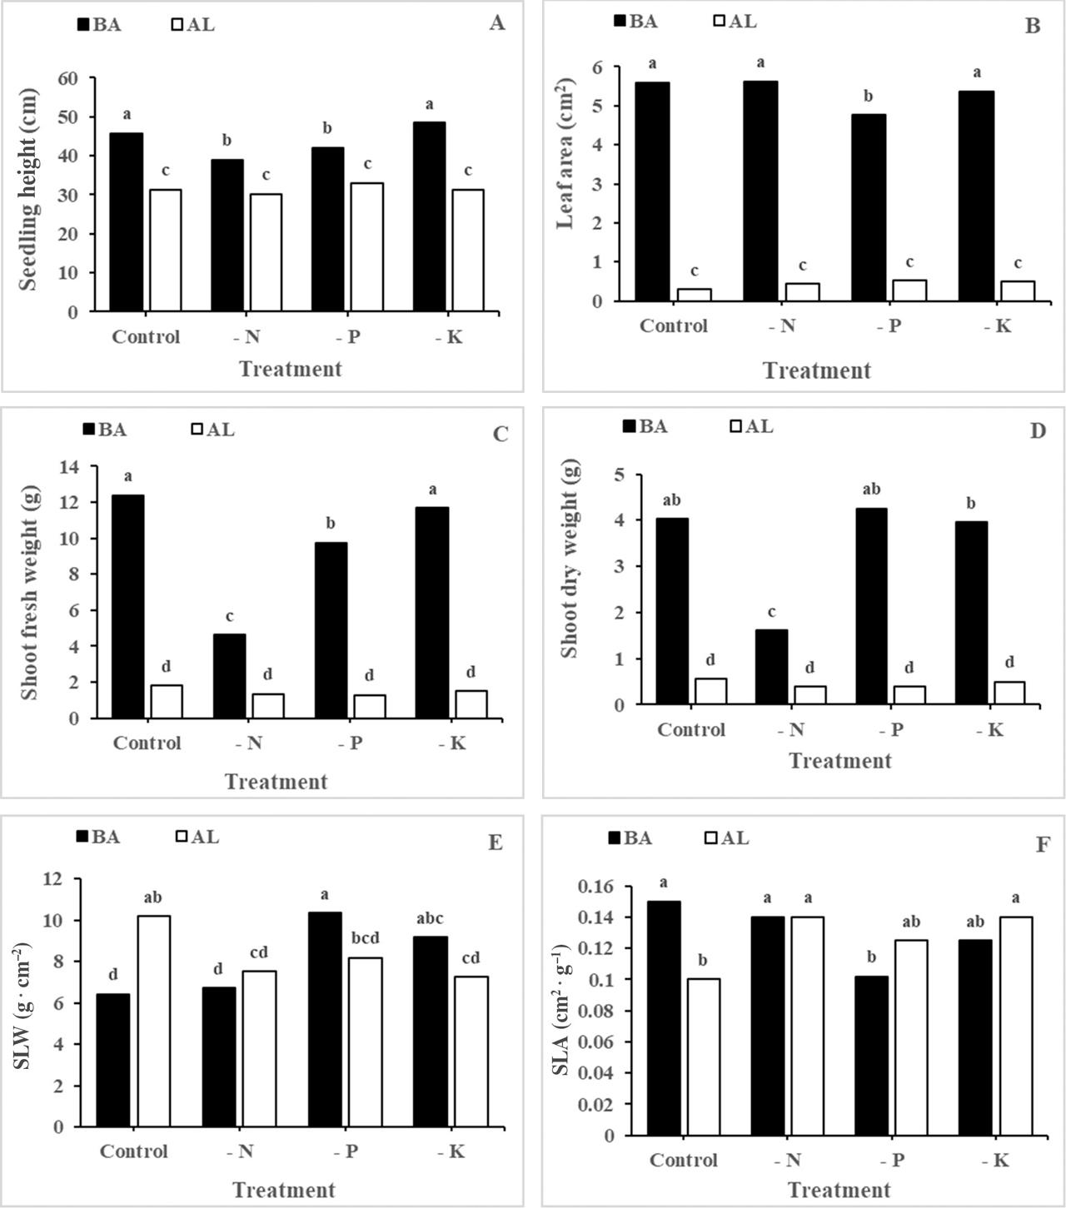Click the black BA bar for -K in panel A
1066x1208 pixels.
pos(430,216)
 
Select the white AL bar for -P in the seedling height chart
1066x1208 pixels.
pos(367,247)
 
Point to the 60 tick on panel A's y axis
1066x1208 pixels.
pos(67,78)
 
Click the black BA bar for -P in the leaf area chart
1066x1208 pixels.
pos(869,207)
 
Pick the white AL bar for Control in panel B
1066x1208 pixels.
pos(694,295)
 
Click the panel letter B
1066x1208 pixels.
pos(1033,26)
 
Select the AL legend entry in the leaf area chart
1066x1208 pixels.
pos(735,22)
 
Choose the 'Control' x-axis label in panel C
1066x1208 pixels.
pos(147,743)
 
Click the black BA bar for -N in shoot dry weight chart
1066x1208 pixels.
pos(771,667)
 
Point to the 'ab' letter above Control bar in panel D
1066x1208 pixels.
pos(671,500)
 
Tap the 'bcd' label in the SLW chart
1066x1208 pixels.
pos(365,938)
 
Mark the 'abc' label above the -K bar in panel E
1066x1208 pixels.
pos(430,919)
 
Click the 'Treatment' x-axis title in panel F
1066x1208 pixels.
pos(839,1190)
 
